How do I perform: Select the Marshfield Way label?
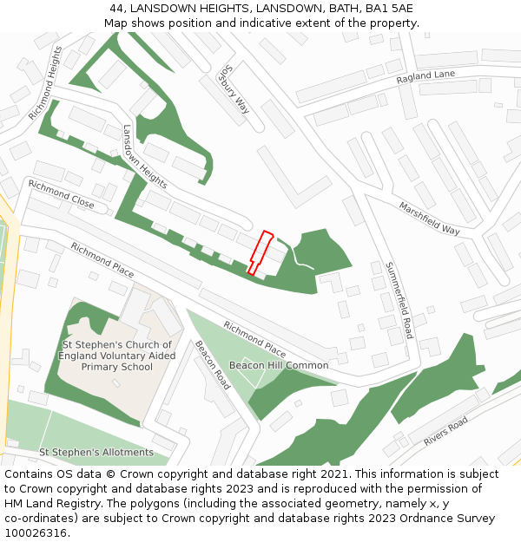(x=429, y=219)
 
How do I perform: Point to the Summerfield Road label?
(x=399, y=300)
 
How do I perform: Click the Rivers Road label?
(x=445, y=431)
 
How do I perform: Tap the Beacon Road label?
(x=211, y=364)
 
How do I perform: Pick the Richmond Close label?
(x=61, y=196)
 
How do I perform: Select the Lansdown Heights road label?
(x=144, y=157)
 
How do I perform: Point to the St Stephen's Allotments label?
(x=96, y=453)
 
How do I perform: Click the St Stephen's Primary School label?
(x=117, y=356)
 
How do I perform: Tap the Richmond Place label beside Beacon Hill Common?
(x=254, y=338)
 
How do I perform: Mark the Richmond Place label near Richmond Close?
(x=102, y=260)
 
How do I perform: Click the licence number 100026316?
(x=35, y=532)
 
